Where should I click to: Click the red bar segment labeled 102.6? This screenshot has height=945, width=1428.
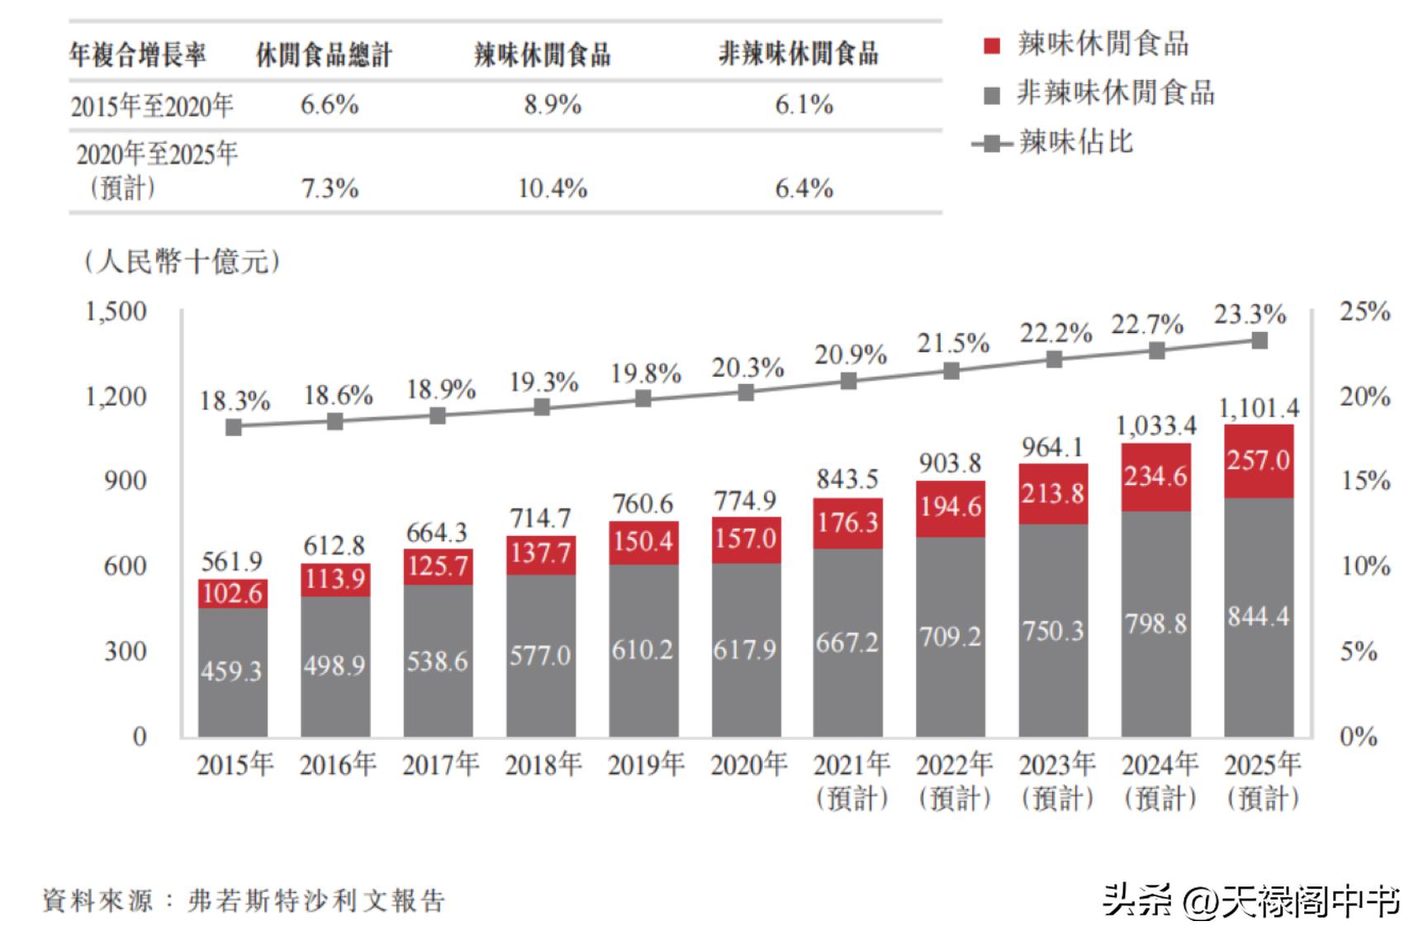[x=232, y=594]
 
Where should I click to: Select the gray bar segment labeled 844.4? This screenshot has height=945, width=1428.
[x=1259, y=617]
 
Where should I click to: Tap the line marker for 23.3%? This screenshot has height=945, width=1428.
[x=1259, y=340]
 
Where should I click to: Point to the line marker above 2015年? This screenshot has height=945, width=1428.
[x=234, y=427]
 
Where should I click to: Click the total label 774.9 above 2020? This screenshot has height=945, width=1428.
[x=746, y=501]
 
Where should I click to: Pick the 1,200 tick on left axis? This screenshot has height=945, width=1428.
[x=116, y=397]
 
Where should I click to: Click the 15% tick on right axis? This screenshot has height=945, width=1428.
[x=1364, y=481]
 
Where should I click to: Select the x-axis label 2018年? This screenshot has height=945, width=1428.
[x=543, y=765]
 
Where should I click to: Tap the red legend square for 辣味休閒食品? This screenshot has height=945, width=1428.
[x=992, y=45]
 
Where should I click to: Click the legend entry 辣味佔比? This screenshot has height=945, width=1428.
[x=1075, y=142]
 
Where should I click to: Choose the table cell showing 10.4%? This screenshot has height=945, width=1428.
[x=552, y=189]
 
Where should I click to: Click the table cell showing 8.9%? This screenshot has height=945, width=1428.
[x=552, y=105]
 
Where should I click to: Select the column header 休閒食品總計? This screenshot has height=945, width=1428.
[x=323, y=55]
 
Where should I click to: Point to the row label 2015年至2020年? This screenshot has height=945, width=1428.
[x=152, y=107]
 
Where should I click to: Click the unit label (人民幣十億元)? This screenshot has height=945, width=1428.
[x=182, y=262]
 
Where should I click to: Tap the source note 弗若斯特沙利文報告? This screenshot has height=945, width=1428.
[x=316, y=900]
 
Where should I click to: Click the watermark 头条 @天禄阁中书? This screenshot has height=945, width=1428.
[x=1251, y=900]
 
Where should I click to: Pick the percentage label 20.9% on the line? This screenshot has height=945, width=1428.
[x=850, y=355]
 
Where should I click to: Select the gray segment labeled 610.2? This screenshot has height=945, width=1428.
[x=643, y=651]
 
